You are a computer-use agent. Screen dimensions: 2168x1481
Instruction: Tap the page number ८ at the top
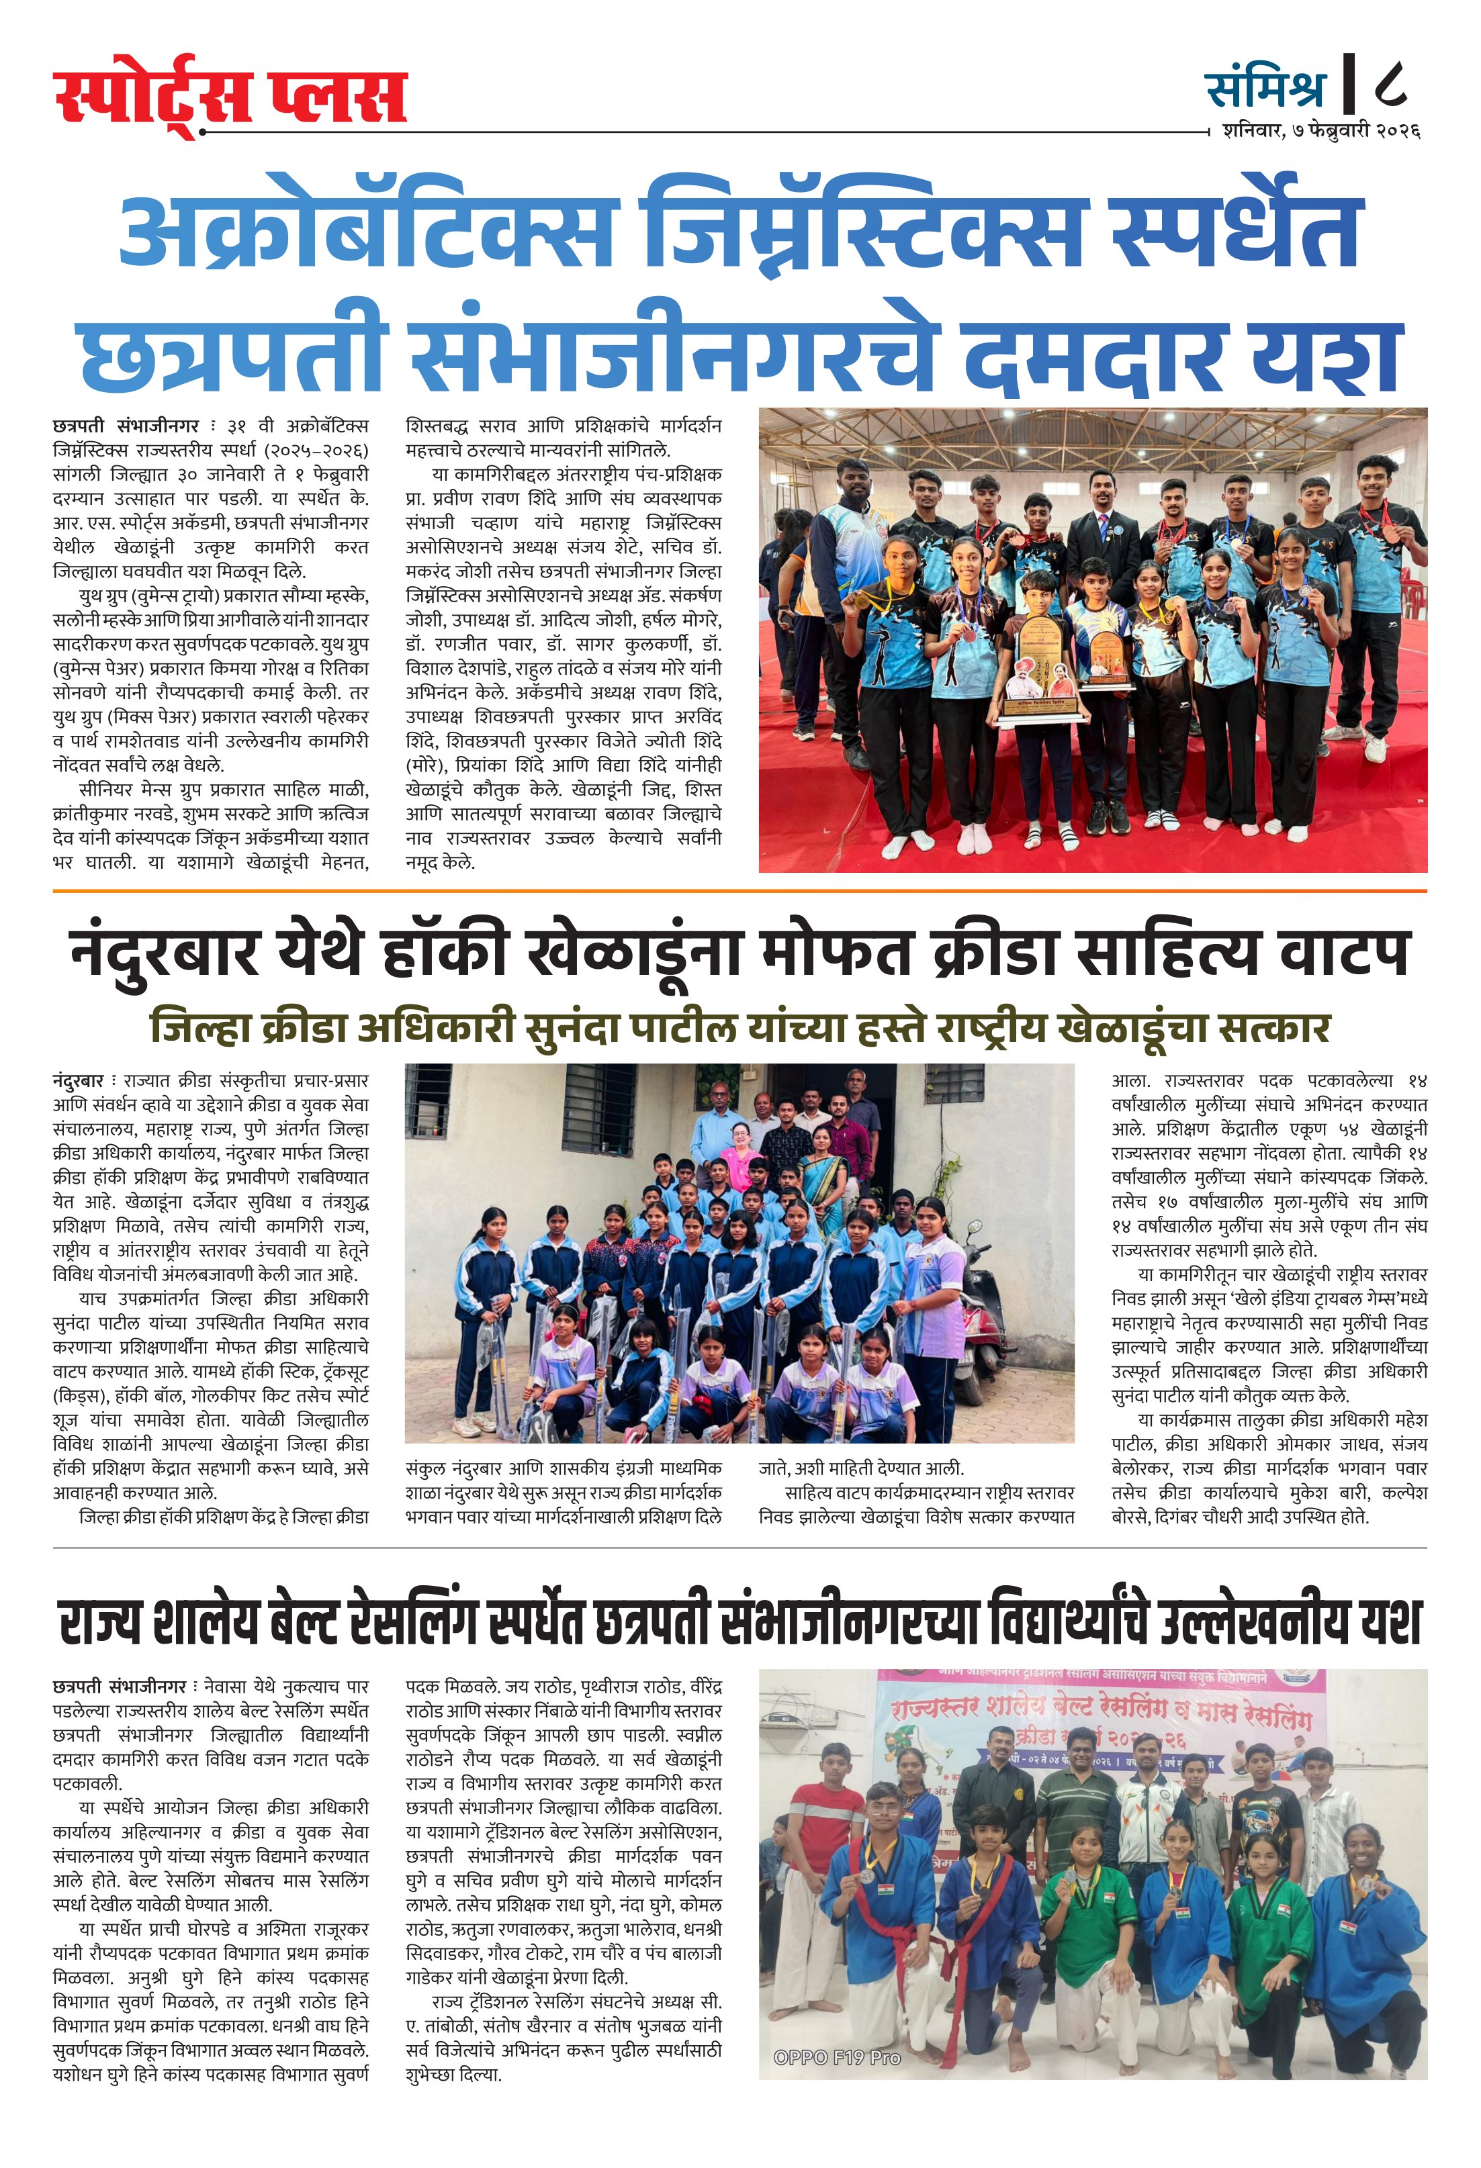(x=1390, y=86)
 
